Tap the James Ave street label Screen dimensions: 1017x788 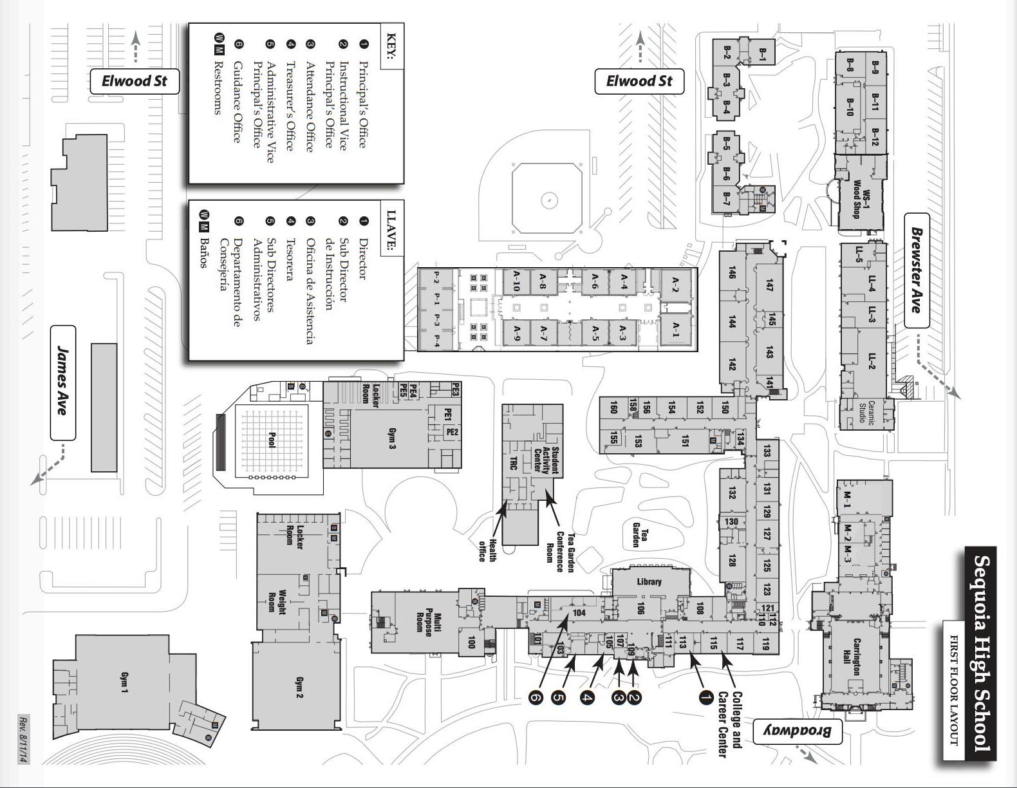[62, 382]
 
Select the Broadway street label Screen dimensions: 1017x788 [798, 731]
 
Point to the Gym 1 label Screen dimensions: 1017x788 [124, 683]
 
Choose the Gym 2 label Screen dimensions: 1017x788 [298, 688]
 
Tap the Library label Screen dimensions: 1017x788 [649, 581]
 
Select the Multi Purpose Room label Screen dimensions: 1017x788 [428, 624]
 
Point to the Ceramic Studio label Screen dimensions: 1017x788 [866, 413]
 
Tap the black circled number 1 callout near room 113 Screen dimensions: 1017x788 [705, 697]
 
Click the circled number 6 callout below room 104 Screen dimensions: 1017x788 [536, 697]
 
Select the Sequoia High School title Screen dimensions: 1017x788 [980, 653]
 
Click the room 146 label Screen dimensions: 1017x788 [731, 272]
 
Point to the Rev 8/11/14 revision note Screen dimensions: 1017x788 [23, 739]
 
